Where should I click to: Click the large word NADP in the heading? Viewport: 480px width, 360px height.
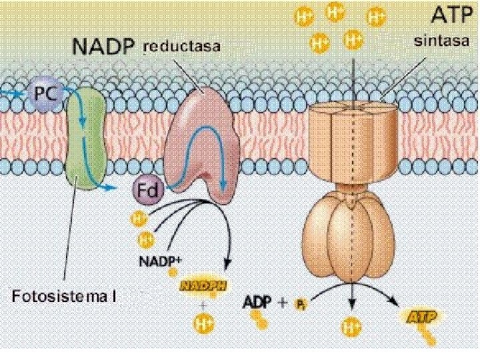[x=105, y=47]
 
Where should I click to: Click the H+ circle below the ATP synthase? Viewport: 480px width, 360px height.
[x=350, y=327]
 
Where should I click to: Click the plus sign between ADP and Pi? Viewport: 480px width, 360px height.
[x=283, y=303]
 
